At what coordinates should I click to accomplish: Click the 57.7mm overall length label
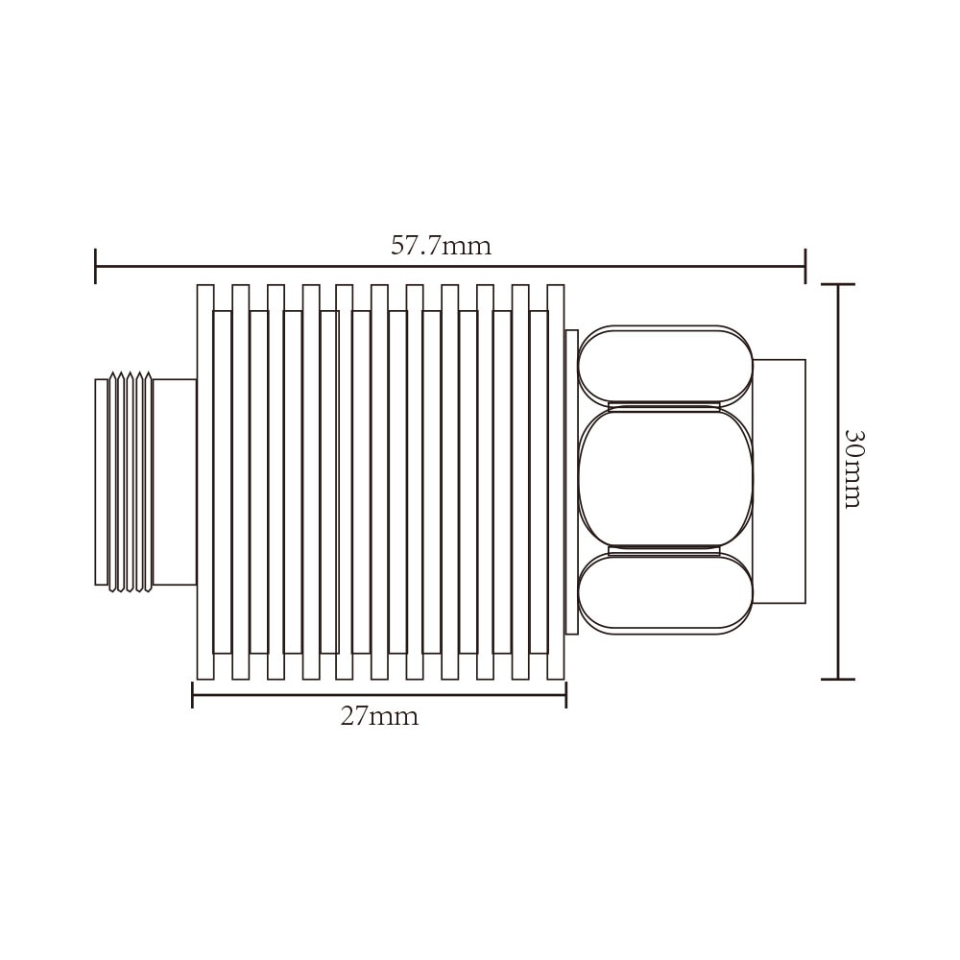[441, 247]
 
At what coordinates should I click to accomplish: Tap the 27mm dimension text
[379, 717]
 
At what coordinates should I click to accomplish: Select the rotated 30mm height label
[852, 468]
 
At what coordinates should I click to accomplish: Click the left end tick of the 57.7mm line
[96, 266]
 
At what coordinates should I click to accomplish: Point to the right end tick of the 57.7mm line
[804, 266]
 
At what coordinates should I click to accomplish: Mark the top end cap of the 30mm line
[838, 285]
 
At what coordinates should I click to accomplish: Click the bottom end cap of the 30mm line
[838, 679]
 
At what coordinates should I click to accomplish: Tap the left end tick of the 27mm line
[193, 694]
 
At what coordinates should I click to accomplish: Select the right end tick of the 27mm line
[565, 694]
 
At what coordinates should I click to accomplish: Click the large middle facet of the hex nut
[665, 480]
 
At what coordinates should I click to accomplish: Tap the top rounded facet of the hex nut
[665, 365]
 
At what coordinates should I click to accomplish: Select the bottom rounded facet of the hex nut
[665, 593]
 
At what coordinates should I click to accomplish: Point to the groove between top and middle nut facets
[664, 406]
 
